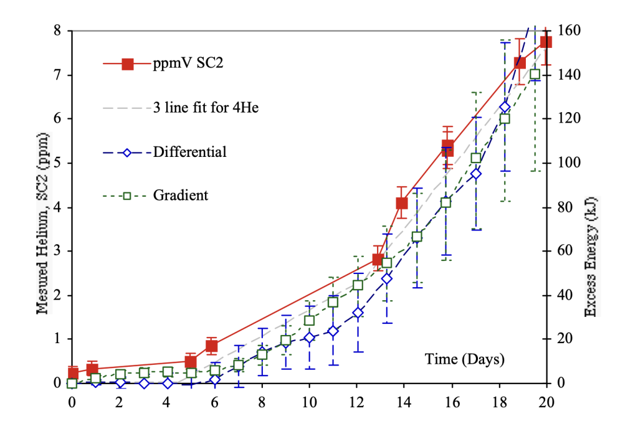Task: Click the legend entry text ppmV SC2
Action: (x=184, y=64)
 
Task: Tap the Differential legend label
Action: (x=189, y=151)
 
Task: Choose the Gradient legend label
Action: (x=181, y=196)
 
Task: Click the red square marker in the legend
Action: (x=128, y=64)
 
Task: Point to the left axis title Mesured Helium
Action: (x=42, y=223)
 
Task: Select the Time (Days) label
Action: (x=465, y=359)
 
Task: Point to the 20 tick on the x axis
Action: (x=546, y=403)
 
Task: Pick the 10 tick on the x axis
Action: (x=309, y=403)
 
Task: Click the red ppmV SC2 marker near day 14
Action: (x=402, y=202)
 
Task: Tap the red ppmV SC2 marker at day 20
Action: (x=546, y=42)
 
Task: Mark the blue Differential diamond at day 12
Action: (x=358, y=313)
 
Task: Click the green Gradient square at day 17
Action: (x=476, y=158)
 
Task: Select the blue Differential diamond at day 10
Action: (x=309, y=338)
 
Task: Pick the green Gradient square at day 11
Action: (x=333, y=302)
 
